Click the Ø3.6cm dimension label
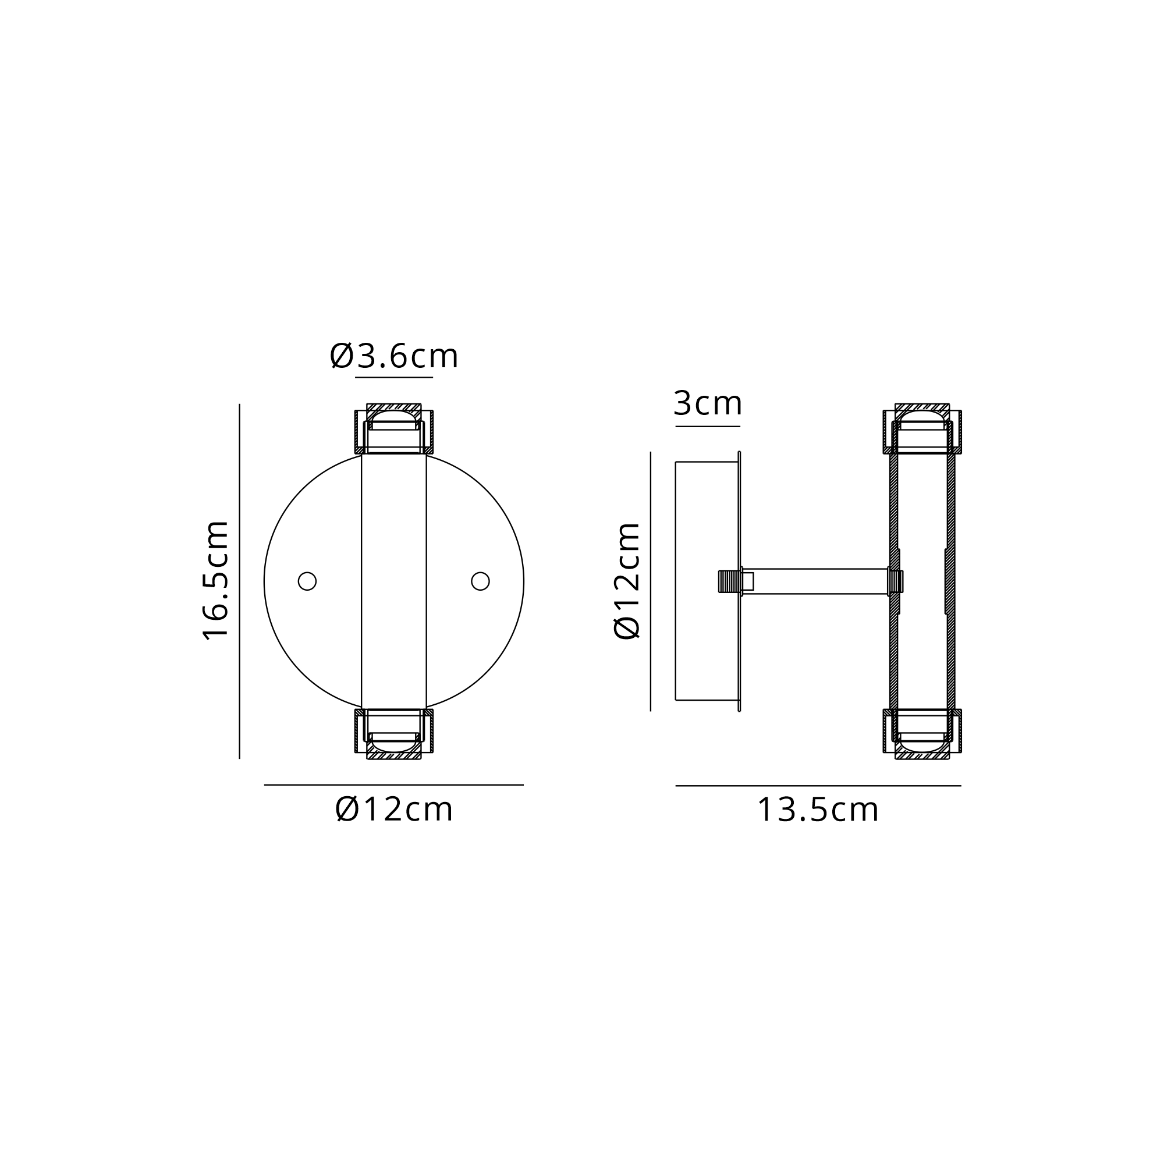point(394,356)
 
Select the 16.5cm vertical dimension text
point(216,580)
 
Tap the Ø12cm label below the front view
point(394,809)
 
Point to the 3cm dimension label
point(707,403)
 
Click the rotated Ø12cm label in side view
point(627,581)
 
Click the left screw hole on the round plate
point(307,581)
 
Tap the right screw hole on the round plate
point(480,581)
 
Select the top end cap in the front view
point(394,428)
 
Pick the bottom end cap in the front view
point(394,734)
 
